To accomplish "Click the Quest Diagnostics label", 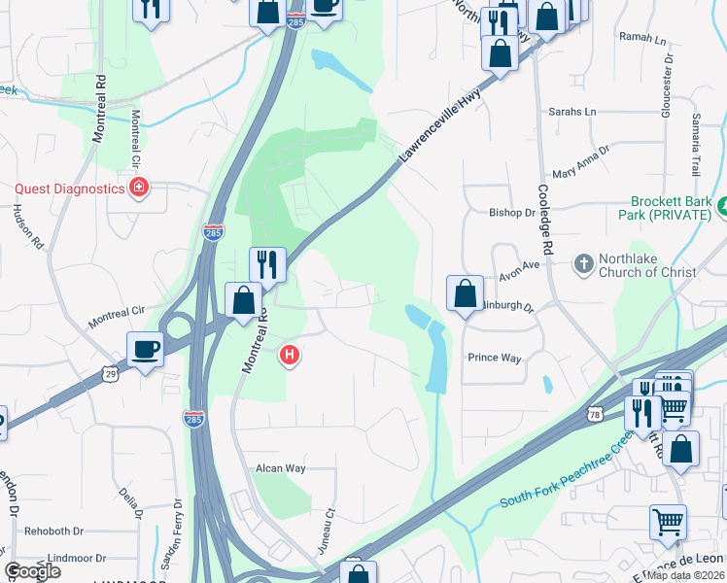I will click(69, 189).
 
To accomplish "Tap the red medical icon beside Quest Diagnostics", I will click(139, 189).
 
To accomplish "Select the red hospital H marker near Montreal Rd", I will click(288, 357).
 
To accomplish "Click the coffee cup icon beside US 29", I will click(146, 349).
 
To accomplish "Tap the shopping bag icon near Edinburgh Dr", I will click(466, 292).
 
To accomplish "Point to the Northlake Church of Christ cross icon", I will click(583, 263).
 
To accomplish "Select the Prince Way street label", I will click(495, 358).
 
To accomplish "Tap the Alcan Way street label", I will click(281, 468).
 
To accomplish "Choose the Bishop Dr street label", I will click(512, 212).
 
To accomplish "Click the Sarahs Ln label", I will click(572, 112).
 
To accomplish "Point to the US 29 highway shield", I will click(110, 373).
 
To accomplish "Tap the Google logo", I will click(32, 571).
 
